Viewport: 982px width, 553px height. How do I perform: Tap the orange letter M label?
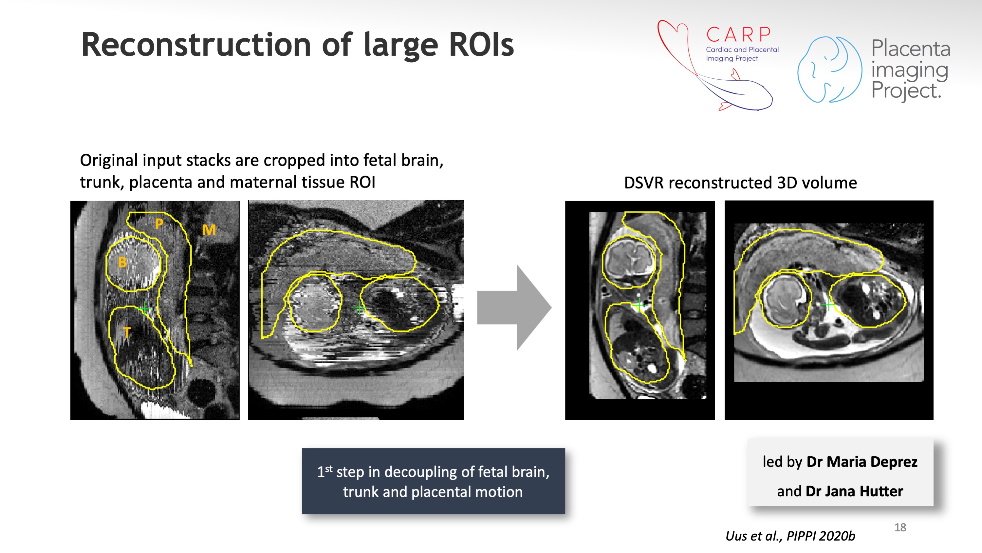(x=209, y=230)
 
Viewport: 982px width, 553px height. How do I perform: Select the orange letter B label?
(x=122, y=263)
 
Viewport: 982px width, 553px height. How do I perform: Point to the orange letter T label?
(x=127, y=332)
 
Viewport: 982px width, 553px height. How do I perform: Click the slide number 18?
(x=900, y=527)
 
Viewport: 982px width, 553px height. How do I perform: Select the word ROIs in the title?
(x=481, y=45)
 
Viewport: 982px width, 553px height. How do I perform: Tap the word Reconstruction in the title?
(x=197, y=45)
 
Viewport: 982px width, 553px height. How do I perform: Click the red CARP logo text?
(x=738, y=35)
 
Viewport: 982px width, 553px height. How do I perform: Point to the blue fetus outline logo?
(x=829, y=69)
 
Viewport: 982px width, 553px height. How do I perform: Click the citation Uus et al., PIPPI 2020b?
(x=790, y=536)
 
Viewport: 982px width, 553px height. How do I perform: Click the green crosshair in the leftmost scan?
(x=144, y=307)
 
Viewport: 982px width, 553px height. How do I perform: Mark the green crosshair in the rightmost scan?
(x=828, y=305)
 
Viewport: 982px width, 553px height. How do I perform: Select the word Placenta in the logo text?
(x=911, y=49)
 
